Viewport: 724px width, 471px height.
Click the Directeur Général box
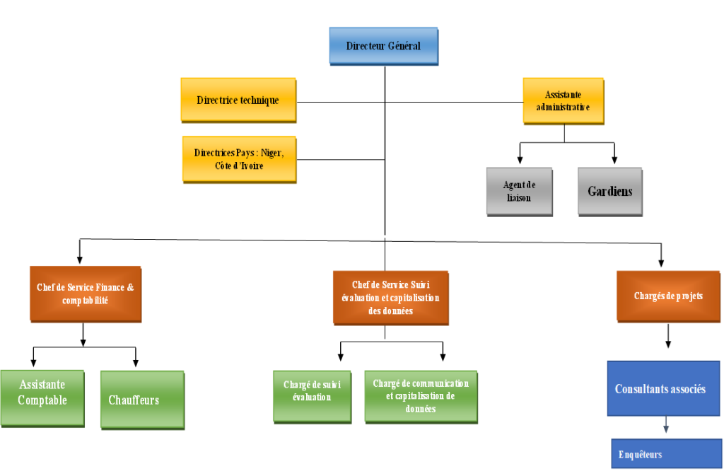383,46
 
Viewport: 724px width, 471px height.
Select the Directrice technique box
238,100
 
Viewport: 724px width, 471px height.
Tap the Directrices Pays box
239,159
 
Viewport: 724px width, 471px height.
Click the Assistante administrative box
563,100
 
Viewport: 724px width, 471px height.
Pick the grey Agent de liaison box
519,191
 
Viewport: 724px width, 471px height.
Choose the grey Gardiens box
609,191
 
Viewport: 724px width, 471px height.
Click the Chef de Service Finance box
85,294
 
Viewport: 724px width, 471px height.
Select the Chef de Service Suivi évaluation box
390,297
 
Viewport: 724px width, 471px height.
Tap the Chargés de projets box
668,296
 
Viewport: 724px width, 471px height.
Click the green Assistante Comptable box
42,398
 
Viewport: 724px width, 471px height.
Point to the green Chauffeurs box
142,400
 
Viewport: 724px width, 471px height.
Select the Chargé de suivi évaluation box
312,397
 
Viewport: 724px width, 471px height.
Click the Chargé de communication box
421,396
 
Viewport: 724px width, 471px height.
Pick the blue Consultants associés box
663,388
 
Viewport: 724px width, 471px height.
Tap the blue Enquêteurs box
666,454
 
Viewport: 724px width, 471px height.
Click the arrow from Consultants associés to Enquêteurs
665,426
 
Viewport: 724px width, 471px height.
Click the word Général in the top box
404,46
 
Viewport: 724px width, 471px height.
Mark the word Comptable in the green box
42,400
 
